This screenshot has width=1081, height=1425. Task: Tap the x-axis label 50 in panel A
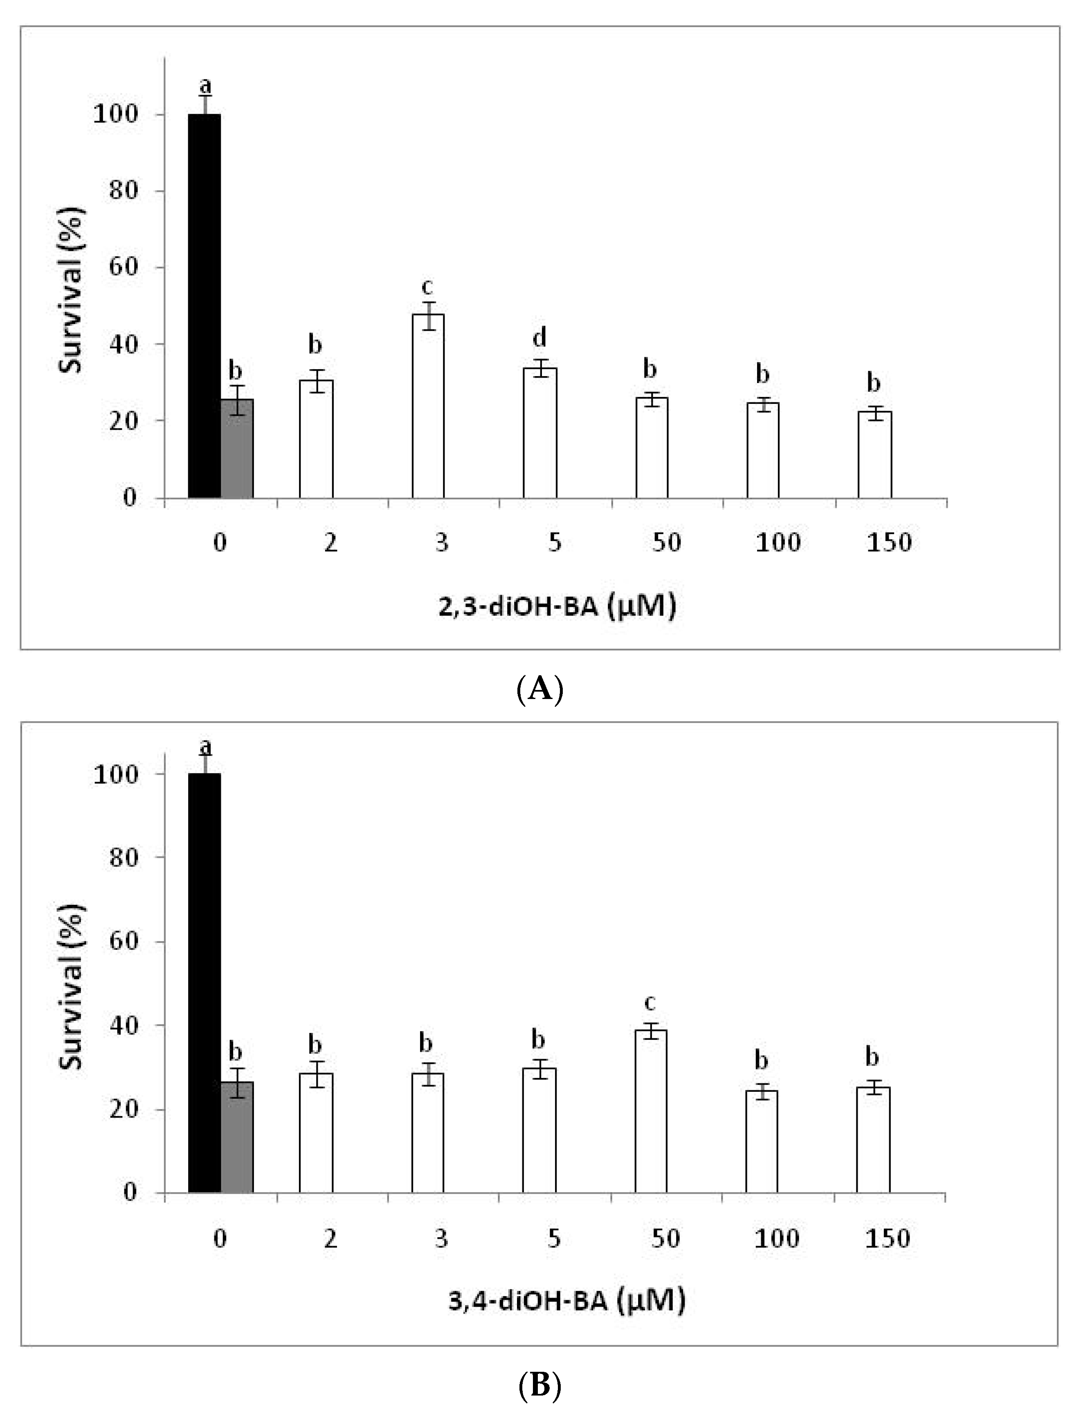[x=666, y=542]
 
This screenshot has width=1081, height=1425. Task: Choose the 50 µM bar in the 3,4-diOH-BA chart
[x=650, y=1111]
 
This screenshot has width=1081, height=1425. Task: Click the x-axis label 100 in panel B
[x=777, y=1238]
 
